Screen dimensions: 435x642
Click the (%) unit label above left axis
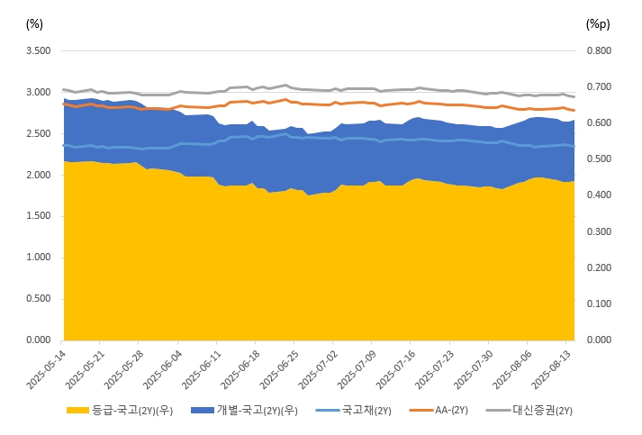[35, 23]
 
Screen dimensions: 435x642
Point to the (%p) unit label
[598, 23]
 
